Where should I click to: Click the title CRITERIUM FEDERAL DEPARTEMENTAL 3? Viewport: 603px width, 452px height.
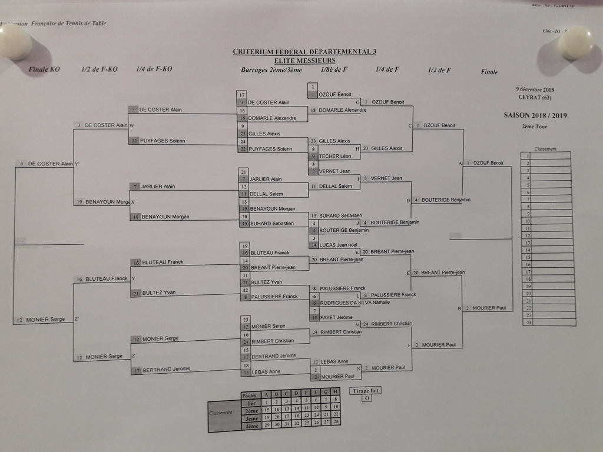[x=304, y=52]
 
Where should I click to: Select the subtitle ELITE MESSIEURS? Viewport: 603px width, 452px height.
[x=304, y=60]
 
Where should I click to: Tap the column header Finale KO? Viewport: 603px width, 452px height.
[x=45, y=69]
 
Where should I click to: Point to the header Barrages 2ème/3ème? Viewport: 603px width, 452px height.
[x=271, y=70]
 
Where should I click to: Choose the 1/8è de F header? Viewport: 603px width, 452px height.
[x=334, y=69]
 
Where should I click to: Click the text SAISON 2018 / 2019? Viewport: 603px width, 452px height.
[x=535, y=116]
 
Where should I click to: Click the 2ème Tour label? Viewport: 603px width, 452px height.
[x=534, y=126]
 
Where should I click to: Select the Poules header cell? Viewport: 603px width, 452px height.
[x=249, y=395]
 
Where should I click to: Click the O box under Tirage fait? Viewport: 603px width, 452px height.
[x=366, y=398]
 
